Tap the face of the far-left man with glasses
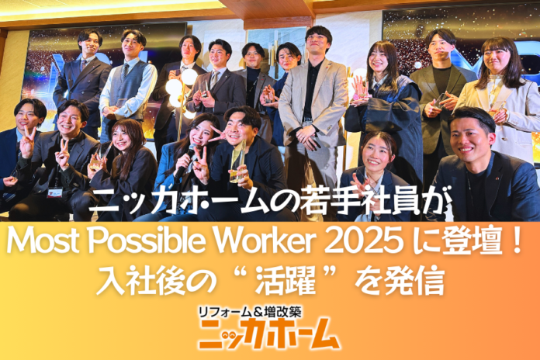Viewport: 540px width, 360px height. click(28, 116)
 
